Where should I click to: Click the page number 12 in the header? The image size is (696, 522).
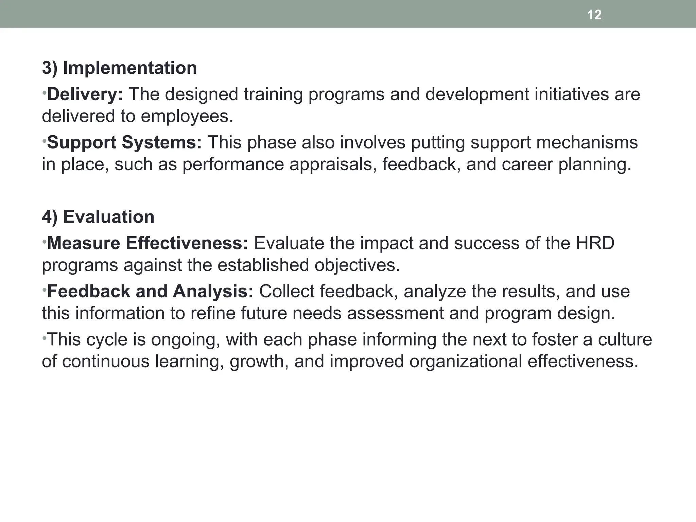[594, 15]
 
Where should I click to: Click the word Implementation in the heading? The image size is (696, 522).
[130, 68]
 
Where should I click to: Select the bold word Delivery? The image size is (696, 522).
[84, 94]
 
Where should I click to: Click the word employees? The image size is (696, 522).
[187, 116]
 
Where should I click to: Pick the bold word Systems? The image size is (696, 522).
[162, 142]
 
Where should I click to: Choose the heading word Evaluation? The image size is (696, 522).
[109, 217]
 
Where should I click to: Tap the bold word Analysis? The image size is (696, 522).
[213, 292]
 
